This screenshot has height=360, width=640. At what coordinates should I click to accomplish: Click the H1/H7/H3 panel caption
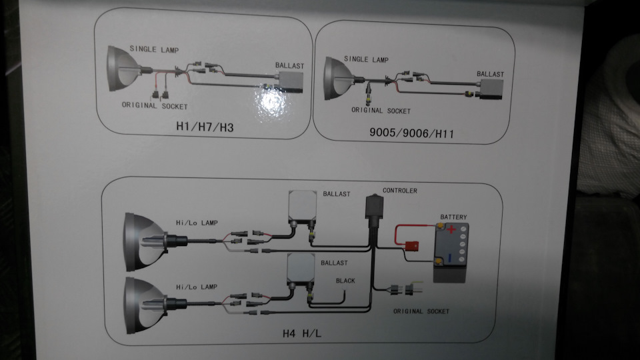pos(205,127)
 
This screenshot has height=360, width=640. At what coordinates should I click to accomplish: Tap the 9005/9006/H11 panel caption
pos(411,133)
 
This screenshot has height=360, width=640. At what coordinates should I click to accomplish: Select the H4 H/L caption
pos(302,333)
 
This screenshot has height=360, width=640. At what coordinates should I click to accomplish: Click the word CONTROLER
pos(399,191)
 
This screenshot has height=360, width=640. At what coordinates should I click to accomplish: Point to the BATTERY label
pos(453,217)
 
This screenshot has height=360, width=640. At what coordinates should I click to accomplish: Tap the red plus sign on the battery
pos(451,229)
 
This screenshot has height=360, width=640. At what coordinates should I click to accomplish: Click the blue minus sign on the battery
pos(450,258)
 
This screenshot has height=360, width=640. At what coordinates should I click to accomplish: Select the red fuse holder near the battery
pos(411,246)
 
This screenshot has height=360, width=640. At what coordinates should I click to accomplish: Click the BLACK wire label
pos(345,281)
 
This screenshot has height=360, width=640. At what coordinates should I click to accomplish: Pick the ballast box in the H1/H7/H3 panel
pos(291,82)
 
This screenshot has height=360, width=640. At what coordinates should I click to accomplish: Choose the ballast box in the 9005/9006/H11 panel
pos(491,89)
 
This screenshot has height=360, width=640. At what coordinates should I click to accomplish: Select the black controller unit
pos(374,210)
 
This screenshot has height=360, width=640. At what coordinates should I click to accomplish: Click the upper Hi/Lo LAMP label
pos(197,223)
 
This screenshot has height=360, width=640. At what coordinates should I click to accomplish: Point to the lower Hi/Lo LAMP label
pos(197,287)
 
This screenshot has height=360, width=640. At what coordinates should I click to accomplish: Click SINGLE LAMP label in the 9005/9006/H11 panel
pos(366,59)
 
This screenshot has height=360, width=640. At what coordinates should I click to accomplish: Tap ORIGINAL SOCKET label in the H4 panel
pos(421,311)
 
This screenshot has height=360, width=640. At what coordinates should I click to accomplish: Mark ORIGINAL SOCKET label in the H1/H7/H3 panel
pos(155,105)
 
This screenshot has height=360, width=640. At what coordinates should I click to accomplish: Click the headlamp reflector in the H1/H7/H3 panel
pos(123,68)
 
